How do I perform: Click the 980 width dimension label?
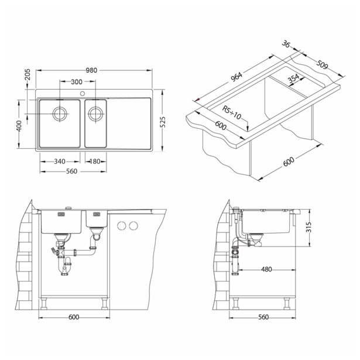[91, 70]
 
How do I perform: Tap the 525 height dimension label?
[162, 122]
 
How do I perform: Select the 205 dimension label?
[28, 74]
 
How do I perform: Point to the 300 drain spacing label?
[77, 82]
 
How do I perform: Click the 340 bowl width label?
[60, 162]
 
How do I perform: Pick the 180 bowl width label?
[95, 162]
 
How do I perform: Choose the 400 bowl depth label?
[19, 126]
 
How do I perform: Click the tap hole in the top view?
[83, 94]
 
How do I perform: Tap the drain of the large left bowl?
[60, 114]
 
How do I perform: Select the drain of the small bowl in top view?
[95, 114]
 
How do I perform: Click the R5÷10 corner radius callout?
[231, 112]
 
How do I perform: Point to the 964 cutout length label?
[236, 77]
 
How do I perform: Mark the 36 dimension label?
[286, 44]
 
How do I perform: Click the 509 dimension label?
[322, 64]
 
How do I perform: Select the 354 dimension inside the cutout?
[294, 78]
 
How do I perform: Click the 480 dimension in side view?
[266, 269]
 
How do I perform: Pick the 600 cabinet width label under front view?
[74, 317]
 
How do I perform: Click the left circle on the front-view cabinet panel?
[122, 226]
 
